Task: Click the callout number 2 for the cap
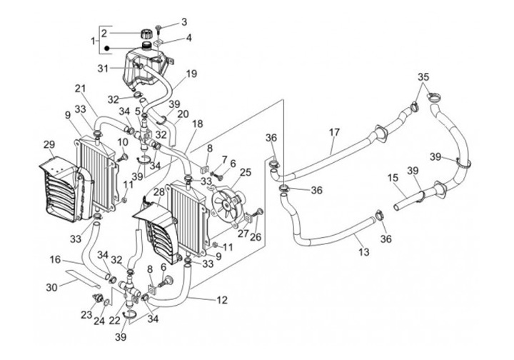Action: [104, 33]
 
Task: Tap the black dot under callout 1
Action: [106, 49]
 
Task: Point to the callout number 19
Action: [191, 74]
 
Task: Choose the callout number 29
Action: [49, 144]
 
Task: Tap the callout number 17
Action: [334, 132]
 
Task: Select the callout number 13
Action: [364, 252]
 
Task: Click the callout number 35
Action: [423, 77]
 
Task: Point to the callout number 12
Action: [222, 300]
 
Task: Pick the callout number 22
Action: [115, 321]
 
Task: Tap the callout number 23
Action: [86, 315]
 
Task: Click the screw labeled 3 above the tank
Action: [158, 29]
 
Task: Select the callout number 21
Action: [80, 89]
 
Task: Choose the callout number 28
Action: [159, 192]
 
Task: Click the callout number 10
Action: [122, 142]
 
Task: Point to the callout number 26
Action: [256, 236]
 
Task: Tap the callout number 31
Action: [103, 69]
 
